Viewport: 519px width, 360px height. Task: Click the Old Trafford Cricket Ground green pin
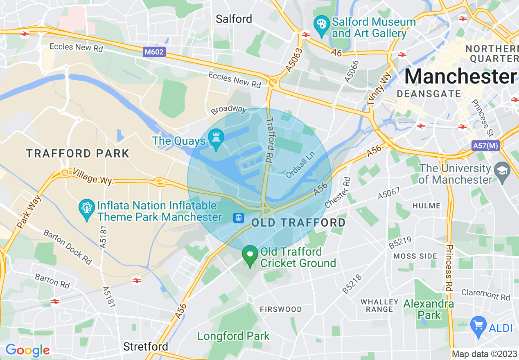click(x=250, y=255)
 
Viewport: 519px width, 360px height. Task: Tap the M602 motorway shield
click(x=154, y=52)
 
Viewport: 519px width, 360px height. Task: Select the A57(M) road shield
click(x=485, y=146)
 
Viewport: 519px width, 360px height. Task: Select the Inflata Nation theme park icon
click(x=87, y=208)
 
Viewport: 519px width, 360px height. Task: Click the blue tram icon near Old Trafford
click(x=238, y=218)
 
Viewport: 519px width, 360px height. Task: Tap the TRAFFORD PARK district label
click(x=78, y=154)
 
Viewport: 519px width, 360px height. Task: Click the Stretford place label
click(x=145, y=346)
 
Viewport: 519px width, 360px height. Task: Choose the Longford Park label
click(x=233, y=336)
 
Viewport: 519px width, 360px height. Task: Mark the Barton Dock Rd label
click(x=68, y=247)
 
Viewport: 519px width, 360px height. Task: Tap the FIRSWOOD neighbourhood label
click(x=281, y=309)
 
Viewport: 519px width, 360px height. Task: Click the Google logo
click(x=27, y=350)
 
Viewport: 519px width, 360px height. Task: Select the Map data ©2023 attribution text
click(x=485, y=354)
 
